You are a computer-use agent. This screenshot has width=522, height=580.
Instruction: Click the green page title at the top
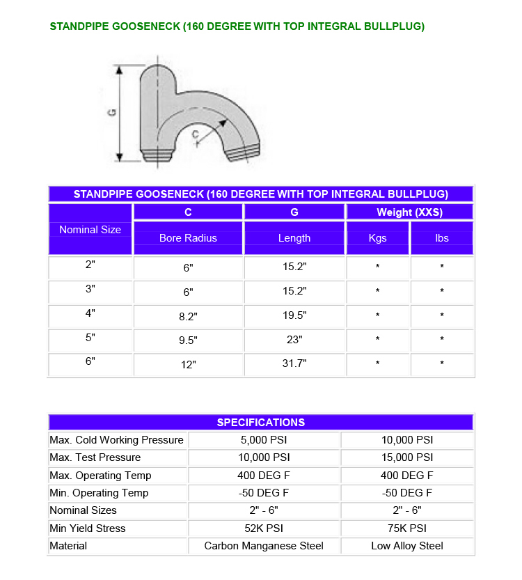[x=237, y=26]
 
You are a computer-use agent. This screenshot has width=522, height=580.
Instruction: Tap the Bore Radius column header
[x=188, y=238]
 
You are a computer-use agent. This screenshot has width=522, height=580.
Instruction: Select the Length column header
[x=294, y=238]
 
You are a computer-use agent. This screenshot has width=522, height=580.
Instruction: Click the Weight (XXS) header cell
[x=409, y=212]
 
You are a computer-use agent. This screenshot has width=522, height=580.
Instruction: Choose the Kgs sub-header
[x=377, y=238]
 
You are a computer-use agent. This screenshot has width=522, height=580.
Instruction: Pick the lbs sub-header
[x=442, y=238]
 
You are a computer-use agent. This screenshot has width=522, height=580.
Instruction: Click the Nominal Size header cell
[x=90, y=230]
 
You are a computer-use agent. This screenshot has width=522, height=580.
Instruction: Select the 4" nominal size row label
[x=90, y=313]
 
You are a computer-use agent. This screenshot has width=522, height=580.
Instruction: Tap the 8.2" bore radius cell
[x=188, y=316]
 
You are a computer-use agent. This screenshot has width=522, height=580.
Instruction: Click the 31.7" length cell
[x=294, y=363]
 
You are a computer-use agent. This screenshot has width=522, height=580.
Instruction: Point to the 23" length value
[x=294, y=340]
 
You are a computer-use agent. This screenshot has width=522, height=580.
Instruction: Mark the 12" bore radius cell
[x=188, y=364]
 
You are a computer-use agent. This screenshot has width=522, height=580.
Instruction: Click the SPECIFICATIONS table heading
[x=260, y=423]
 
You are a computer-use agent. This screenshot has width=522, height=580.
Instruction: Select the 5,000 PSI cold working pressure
[x=264, y=440]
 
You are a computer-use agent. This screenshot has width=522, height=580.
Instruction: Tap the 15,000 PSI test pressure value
[x=407, y=457]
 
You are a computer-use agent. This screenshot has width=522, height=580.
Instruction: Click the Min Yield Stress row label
[x=88, y=528]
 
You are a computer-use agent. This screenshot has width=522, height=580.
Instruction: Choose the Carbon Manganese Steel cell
[x=264, y=546]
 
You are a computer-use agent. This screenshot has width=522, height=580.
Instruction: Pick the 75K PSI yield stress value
[x=407, y=528]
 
